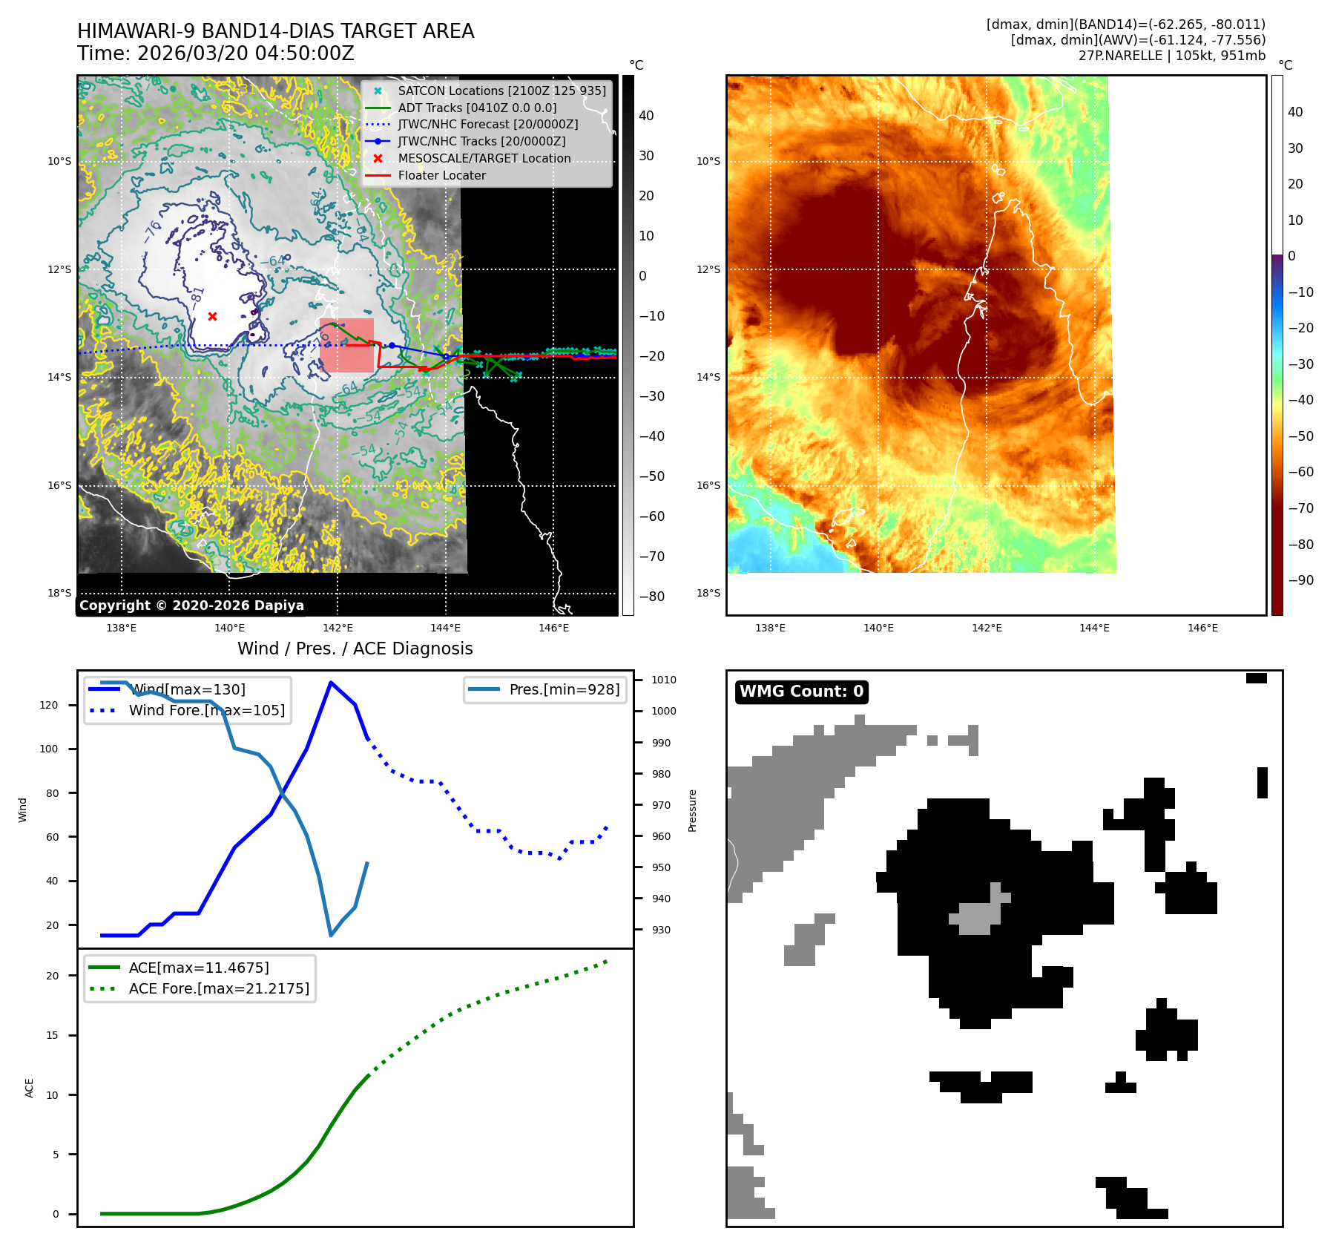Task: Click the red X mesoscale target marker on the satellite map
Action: (212, 316)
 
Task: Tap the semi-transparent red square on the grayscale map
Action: (346, 345)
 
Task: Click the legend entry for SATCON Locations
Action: (501, 91)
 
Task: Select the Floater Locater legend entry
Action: (441, 175)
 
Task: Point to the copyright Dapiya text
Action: (191, 605)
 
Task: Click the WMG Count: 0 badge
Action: (801, 692)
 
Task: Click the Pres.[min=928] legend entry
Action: (564, 689)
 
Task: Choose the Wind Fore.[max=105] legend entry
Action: (206, 710)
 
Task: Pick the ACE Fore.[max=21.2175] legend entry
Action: (219, 988)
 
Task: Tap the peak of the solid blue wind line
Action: (330, 683)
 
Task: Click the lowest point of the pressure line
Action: (331, 936)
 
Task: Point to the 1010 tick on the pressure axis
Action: (663, 680)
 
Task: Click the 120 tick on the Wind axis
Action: (49, 705)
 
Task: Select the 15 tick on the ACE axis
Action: (52, 1035)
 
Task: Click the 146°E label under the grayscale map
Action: (553, 628)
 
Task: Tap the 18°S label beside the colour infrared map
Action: (708, 593)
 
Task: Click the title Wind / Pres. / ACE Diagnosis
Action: (355, 649)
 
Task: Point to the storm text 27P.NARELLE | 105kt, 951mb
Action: (1171, 56)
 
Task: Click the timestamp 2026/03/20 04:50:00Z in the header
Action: (246, 53)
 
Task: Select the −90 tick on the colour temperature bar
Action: (1300, 580)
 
